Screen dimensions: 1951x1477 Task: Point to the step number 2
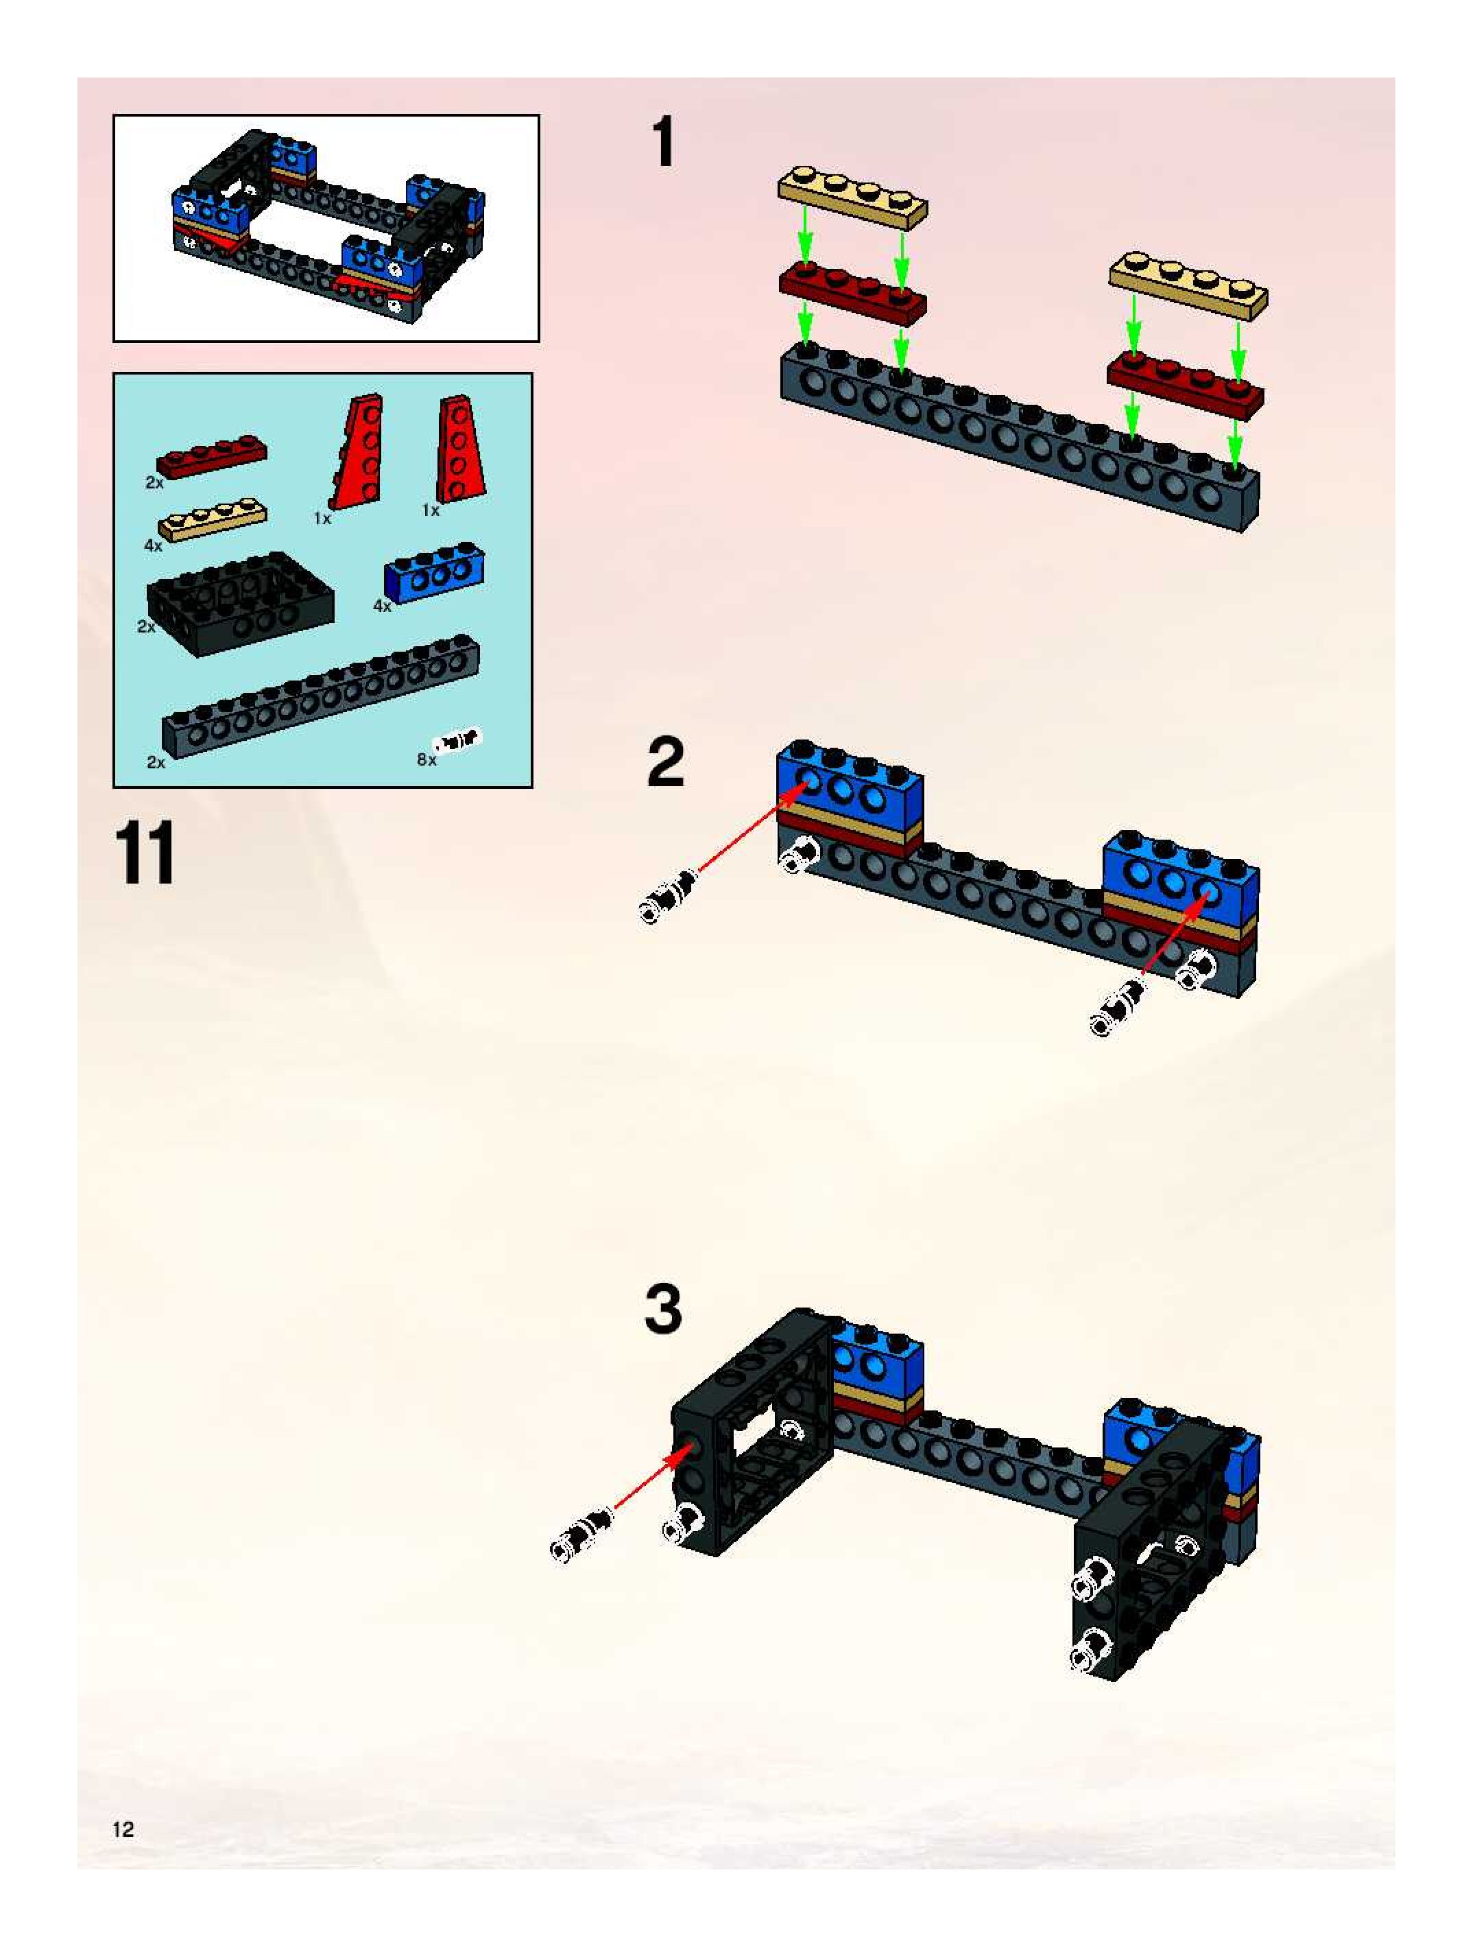(x=665, y=764)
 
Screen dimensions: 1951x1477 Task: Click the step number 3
(x=663, y=1309)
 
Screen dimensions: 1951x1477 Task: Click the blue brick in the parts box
(x=435, y=571)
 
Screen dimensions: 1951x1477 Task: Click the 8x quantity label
(x=426, y=759)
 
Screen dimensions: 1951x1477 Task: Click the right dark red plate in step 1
(x=1185, y=386)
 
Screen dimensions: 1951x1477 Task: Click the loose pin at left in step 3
(x=582, y=1535)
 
